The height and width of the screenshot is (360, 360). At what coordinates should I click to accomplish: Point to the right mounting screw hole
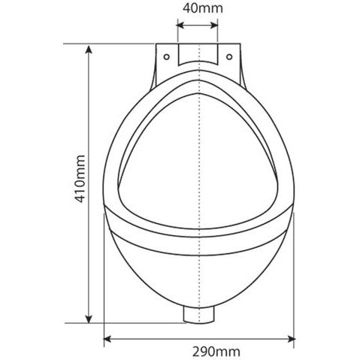(x=228, y=54)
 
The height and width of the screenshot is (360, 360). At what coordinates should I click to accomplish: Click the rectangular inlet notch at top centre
(x=198, y=53)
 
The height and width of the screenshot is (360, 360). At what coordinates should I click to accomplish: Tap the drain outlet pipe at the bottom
(x=198, y=316)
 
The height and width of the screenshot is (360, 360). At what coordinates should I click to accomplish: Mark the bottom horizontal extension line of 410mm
(x=135, y=322)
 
